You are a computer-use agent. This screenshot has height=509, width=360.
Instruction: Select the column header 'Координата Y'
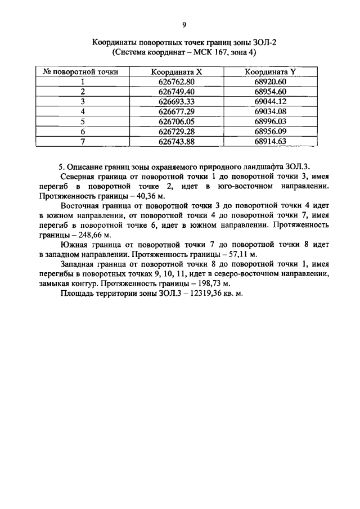[x=270, y=71]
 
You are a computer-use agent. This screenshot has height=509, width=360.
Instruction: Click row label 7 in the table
[x=82, y=141]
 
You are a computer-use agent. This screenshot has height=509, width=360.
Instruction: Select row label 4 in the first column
[x=82, y=111]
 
